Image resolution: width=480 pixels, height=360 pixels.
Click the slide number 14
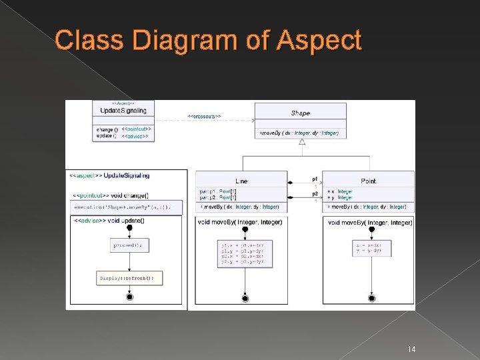coord(411,349)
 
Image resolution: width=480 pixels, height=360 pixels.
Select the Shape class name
coord(301,113)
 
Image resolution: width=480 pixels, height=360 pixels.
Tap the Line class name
coord(241,181)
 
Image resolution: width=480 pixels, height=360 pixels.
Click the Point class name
coord(368,181)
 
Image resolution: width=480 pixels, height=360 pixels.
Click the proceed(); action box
coord(129,245)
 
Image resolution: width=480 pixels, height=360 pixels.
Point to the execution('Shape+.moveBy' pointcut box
coord(127,207)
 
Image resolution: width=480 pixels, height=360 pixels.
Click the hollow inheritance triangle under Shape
coord(302,142)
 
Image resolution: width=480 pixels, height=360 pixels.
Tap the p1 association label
coord(315,179)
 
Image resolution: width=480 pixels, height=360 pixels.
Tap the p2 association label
coord(315,194)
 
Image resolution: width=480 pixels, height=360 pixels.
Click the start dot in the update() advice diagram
coord(129,228)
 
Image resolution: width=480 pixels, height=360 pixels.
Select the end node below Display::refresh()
coord(129,297)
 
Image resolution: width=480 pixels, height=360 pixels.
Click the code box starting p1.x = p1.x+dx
coord(245,253)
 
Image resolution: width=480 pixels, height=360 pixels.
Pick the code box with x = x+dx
coord(372,247)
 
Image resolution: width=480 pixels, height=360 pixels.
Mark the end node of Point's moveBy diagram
coord(372,297)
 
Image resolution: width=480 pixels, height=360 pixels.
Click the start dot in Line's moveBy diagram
coord(245,229)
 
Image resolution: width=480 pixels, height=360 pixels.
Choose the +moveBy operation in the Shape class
coord(299,133)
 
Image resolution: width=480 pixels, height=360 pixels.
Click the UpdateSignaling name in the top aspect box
coord(123,110)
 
